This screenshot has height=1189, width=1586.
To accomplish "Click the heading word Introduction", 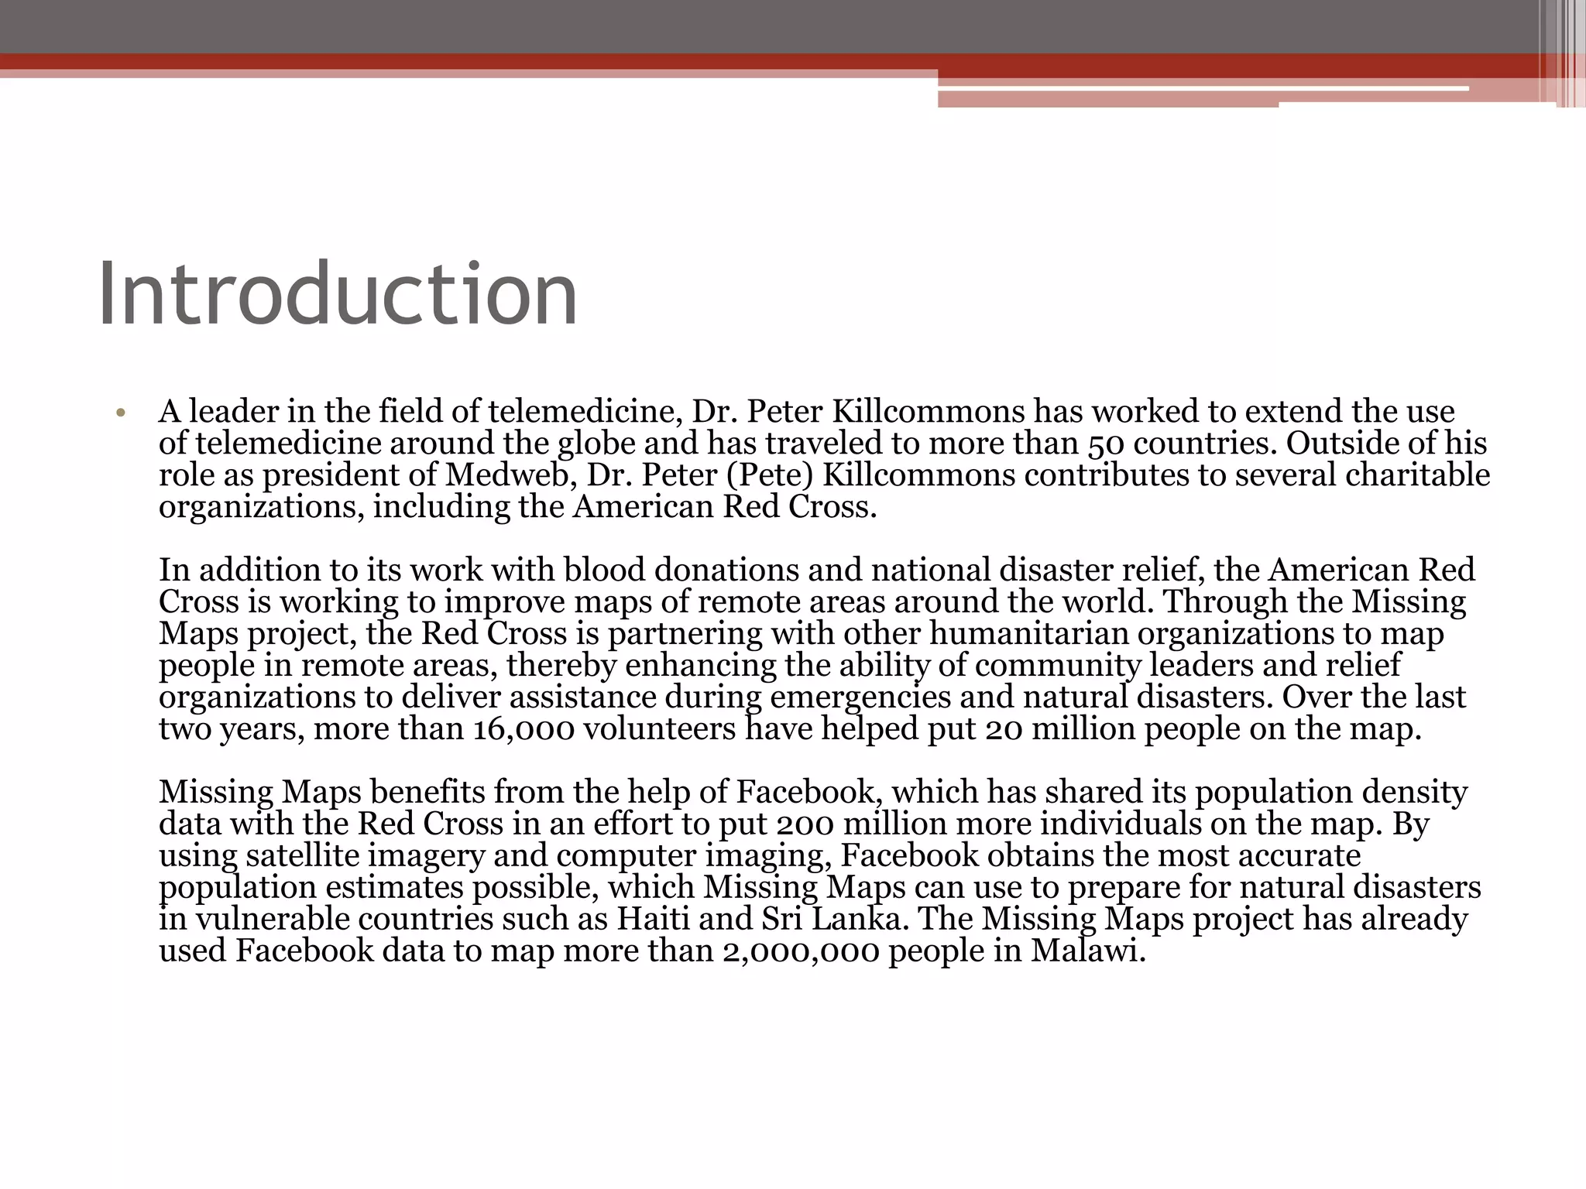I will (x=338, y=295).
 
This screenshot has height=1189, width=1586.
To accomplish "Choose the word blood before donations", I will (x=604, y=570).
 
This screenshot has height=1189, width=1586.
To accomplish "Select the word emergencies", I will (x=860, y=697).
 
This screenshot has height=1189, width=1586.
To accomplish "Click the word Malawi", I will (x=1087, y=951).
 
